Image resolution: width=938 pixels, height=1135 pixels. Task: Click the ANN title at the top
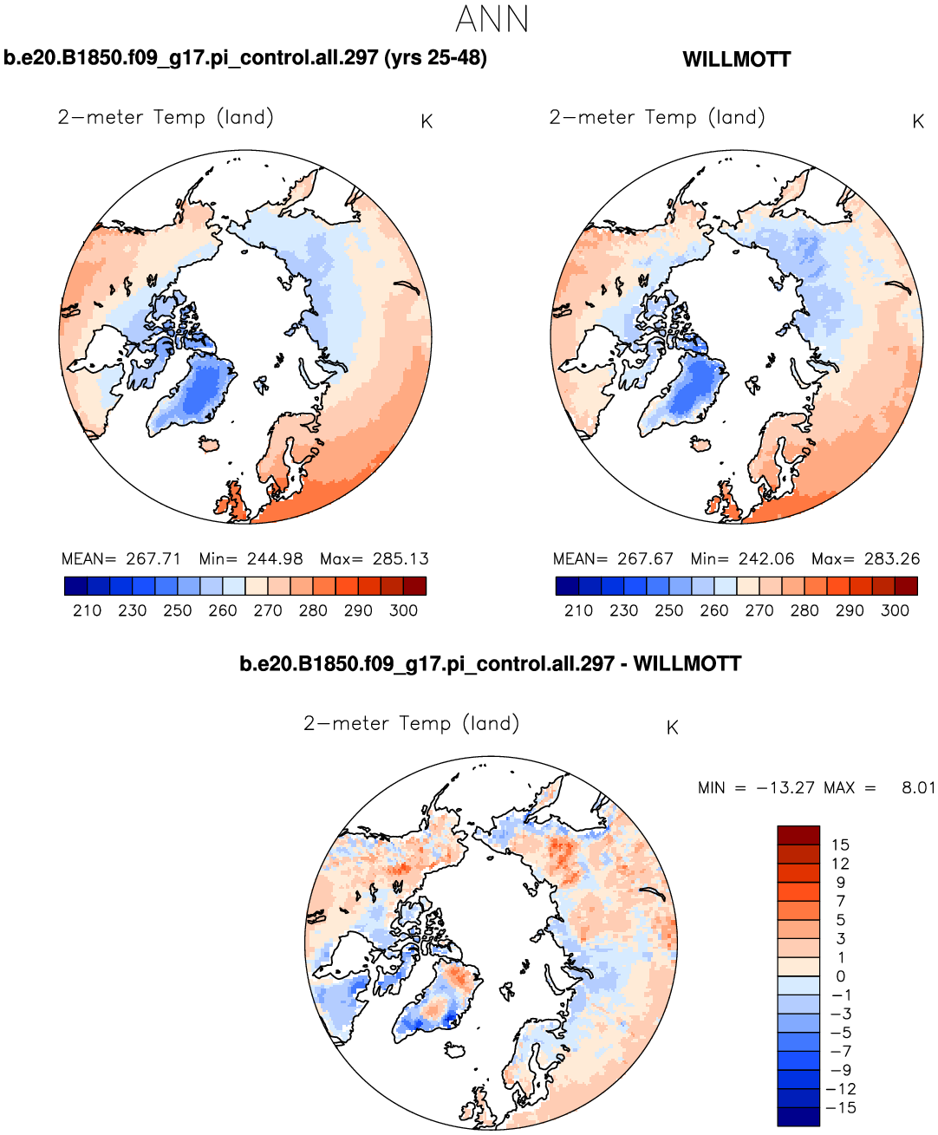coord(492,19)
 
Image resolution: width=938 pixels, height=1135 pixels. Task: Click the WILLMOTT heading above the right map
coord(736,60)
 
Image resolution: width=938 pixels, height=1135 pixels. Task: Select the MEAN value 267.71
coord(153,559)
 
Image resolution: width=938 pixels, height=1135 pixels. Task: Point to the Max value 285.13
coord(401,559)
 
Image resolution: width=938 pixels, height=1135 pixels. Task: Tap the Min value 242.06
coord(766,559)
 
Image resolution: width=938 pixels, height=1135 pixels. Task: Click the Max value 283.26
coord(892,559)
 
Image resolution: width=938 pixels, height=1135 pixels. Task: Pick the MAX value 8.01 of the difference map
coord(918,788)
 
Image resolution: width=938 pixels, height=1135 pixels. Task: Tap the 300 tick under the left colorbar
coord(404,610)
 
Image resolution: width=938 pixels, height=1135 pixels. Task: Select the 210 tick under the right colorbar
coord(578,610)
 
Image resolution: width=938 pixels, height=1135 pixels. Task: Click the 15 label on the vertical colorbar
coord(840,845)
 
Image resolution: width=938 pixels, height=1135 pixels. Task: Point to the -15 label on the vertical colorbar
coord(841,1108)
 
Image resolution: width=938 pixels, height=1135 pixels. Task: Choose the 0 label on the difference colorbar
coord(840,976)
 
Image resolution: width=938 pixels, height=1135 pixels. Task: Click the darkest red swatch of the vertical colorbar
coord(798,835)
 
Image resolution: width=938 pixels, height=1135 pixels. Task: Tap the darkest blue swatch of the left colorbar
coord(75,586)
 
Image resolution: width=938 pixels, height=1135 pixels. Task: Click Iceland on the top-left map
coord(208,444)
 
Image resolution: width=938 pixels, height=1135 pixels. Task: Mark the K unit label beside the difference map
coord(672,728)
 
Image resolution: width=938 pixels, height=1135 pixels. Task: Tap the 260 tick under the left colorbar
coord(223,610)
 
